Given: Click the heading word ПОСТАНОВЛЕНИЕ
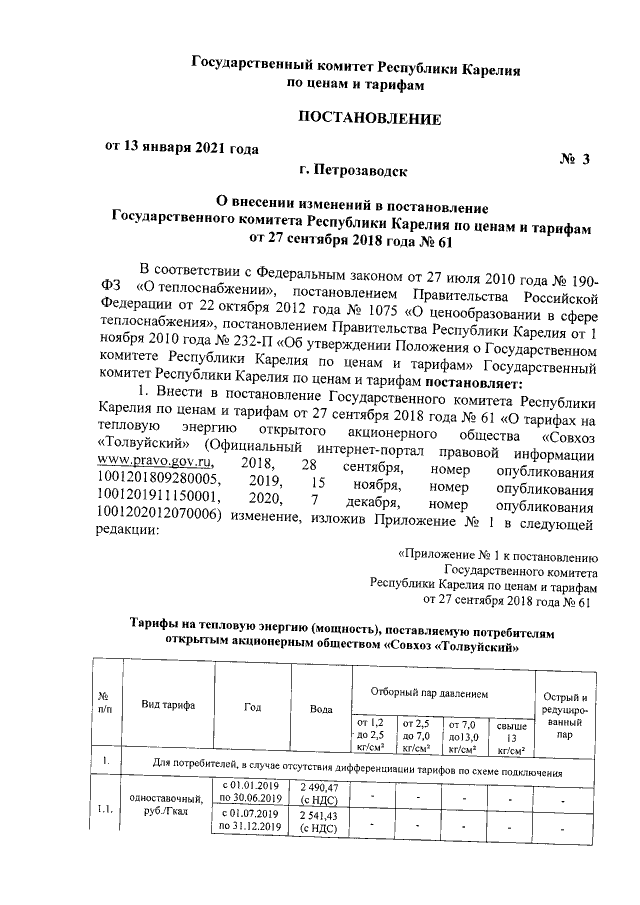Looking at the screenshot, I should (x=370, y=119).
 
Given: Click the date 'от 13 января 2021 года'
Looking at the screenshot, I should (x=182, y=147).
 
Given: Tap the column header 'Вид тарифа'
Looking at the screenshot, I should (x=167, y=706).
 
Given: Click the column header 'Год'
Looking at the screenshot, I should (x=252, y=706).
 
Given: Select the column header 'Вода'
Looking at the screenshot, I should (x=321, y=708).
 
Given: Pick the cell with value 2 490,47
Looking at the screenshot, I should (x=321, y=795).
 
